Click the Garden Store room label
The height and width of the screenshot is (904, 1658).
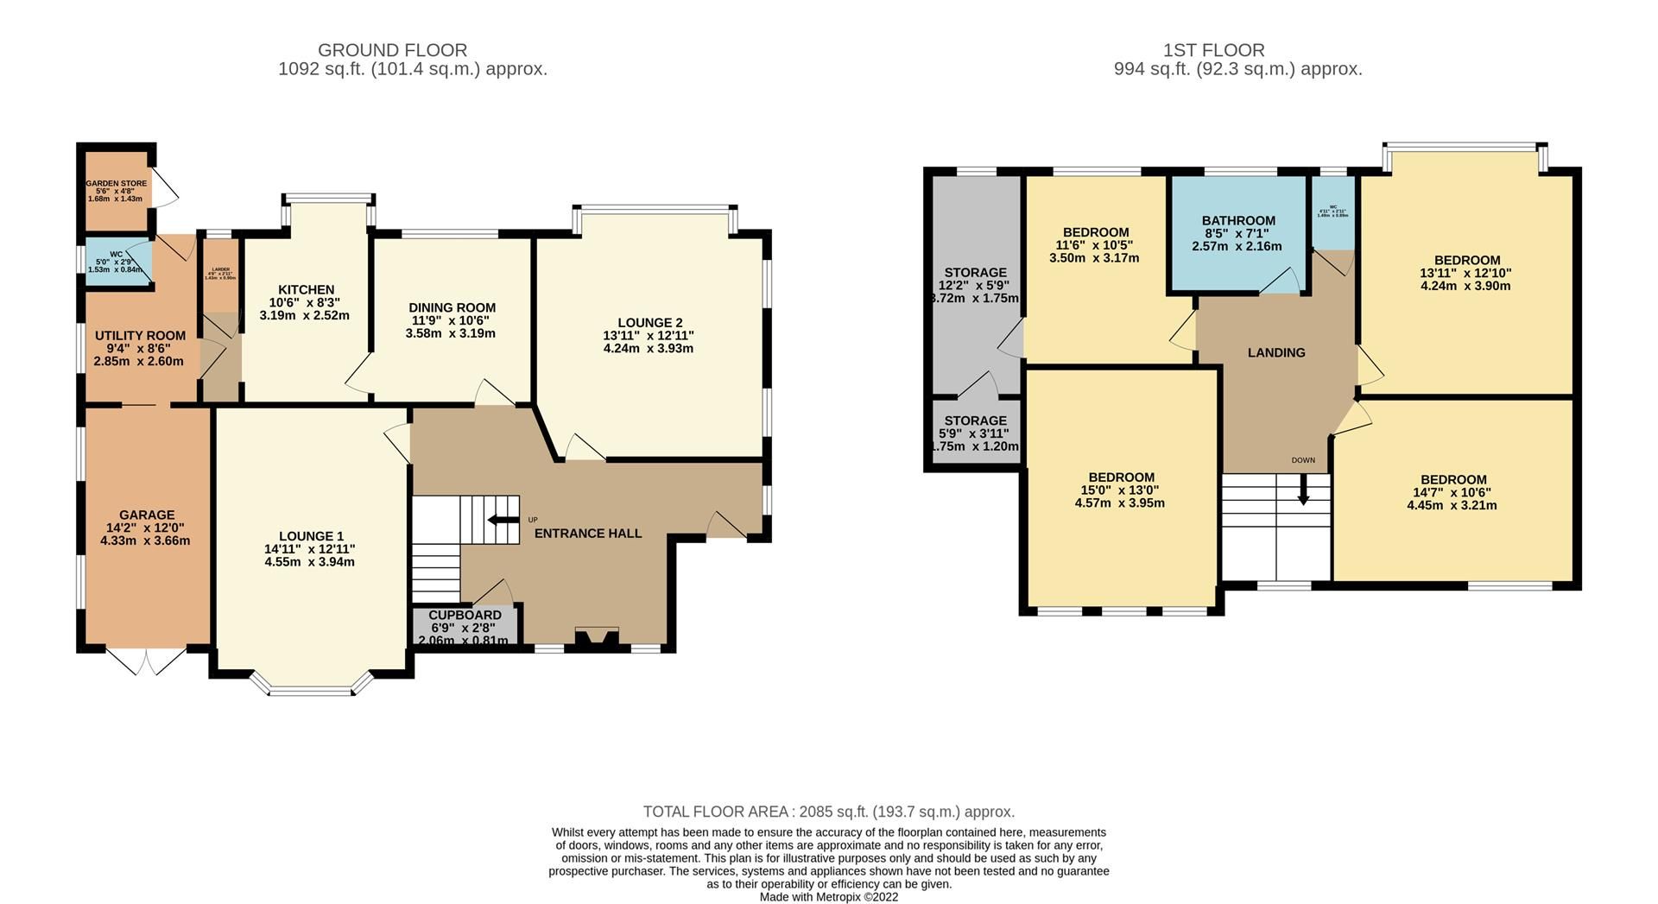pos(116,183)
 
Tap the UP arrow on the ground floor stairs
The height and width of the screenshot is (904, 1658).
pos(498,520)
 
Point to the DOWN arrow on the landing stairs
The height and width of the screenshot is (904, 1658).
pos(1303,490)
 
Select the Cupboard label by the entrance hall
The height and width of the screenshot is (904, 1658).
pos(465,615)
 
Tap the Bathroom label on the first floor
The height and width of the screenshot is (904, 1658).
pos(1238,221)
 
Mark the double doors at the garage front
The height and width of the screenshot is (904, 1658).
pos(147,661)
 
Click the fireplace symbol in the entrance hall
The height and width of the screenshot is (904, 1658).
pos(596,640)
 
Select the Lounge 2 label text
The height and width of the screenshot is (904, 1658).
pos(649,323)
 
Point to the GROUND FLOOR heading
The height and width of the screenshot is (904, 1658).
pos(392,50)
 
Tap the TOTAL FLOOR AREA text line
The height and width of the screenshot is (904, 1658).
pos(828,812)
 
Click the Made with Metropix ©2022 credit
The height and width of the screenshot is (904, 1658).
pos(828,897)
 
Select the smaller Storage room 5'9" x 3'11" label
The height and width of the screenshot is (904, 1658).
pos(975,420)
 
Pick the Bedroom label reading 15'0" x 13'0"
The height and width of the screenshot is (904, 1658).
pos(1121,477)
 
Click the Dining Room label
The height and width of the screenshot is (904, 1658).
pos(452,307)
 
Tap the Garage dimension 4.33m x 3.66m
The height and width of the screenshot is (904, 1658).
pos(145,541)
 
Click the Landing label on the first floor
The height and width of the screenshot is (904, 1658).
pos(1275,352)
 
